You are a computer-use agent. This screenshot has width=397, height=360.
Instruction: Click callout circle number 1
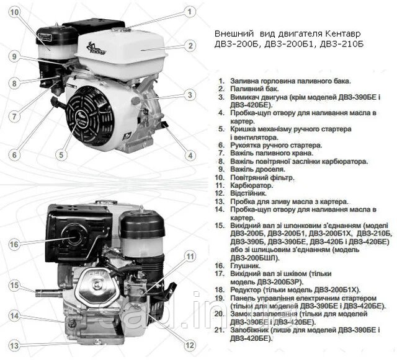click(x=190, y=12)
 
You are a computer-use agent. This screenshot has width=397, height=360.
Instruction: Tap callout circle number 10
click(x=14, y=12)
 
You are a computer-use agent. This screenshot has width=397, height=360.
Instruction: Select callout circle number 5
click(x=61, y=155)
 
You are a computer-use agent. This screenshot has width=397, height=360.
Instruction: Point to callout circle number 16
click(x=14, y=244)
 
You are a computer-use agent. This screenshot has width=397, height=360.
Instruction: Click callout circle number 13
click(x=14, y=345)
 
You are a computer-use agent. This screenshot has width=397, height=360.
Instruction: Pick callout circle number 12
click(x=190, y=345)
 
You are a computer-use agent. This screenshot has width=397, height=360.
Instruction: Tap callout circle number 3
click(x=190, y=95)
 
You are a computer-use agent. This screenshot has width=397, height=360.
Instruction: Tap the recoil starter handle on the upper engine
click(x=56, y=103)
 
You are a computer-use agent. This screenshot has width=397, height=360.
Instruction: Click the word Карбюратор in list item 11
click(x=252, y=185)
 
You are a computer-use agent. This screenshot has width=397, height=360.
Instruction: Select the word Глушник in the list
click(x=246, y=266)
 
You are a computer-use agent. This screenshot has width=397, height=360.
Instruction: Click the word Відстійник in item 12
click(x=248, y=193)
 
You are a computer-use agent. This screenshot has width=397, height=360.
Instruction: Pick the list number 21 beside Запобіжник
click(x=220, y=330)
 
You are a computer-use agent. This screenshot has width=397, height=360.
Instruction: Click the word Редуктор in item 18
click(x=246, y=290)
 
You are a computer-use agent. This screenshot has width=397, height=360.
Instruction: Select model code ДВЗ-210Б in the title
click(x=342, y=44)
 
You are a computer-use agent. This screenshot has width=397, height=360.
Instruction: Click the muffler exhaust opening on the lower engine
click(x=75, y=237)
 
